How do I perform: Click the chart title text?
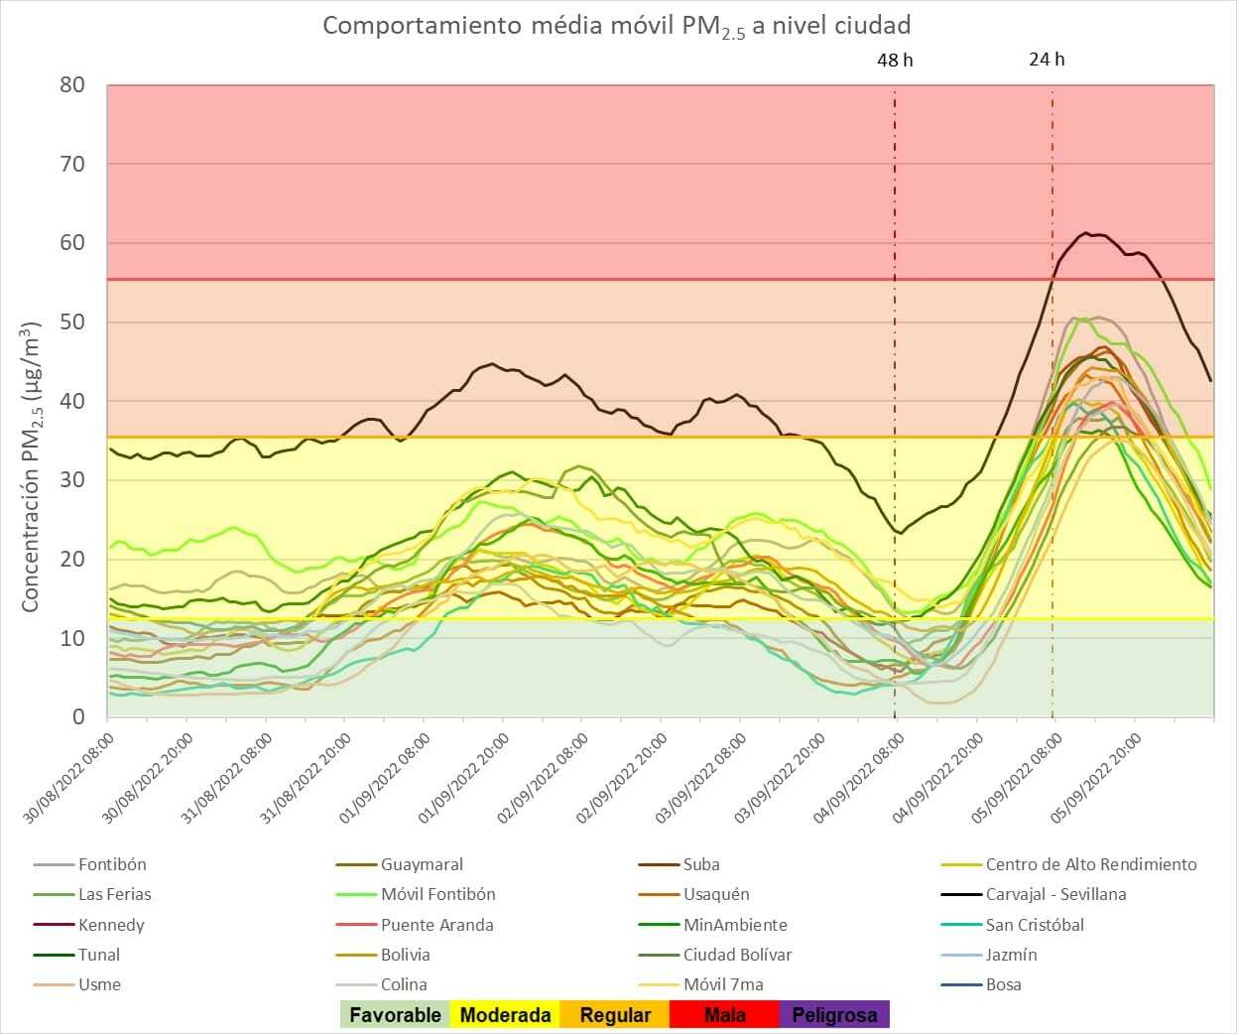(x=616, y=26)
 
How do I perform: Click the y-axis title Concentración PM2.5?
(x=31, y=466)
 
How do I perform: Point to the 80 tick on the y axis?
(x=72, y=85)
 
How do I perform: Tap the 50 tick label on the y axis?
(x=72, y=323)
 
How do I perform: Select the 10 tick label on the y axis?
(x=72, y=638)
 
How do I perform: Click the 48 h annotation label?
(x=895, y=61)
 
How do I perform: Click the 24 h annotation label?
(x=1047, y=60)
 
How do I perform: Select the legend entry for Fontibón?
(x=112, y=864)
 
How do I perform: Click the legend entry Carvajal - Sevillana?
(x=1055, y=894)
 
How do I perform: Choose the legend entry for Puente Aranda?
(x=436, y=925)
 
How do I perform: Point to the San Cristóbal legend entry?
(x=1035, y=925)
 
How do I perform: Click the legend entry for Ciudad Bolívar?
(x=737, y=955)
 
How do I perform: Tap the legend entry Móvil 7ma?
(x=723, y=984)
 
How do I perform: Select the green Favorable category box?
(x=395, y=1014)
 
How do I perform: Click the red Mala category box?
(x=724, y=1014)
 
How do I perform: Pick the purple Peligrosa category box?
(x=834, y=1014)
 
